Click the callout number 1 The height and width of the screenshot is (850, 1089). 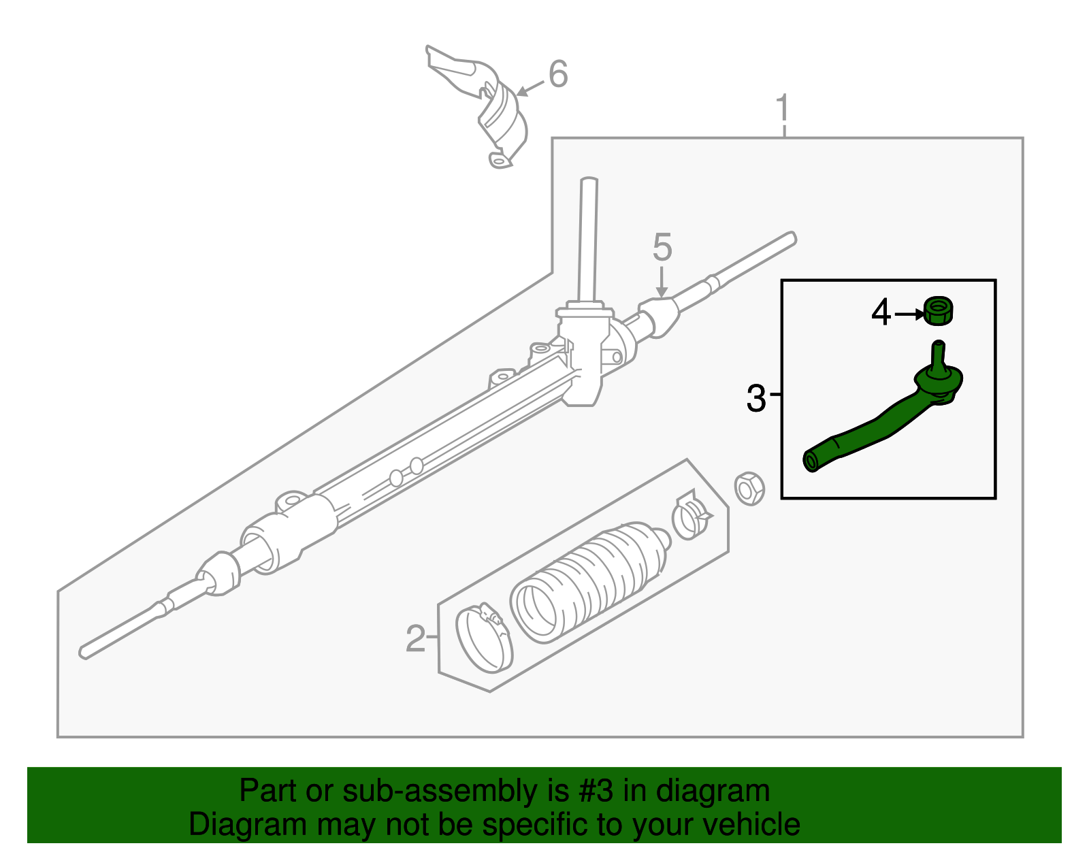[x=783, y=109]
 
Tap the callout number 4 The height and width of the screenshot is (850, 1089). [x=881, y=313]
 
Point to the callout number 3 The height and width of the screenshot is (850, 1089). [x=755, y=398]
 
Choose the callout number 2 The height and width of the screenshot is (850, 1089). [x=415, y=638]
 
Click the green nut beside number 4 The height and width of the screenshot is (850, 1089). [x=939, y=311]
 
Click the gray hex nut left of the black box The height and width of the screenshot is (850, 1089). [x=749, y=488]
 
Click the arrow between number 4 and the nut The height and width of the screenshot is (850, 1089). [x=909, y=314]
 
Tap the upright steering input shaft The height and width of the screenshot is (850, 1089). [x=587, y=238]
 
